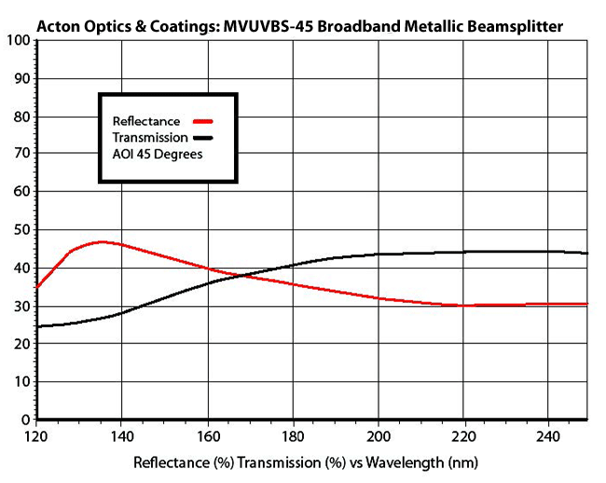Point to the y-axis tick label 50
coord(19,229)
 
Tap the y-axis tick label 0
coord(22,420)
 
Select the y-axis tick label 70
coord(19,154)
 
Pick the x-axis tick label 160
coord(207,435)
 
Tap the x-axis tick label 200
coord(379,435)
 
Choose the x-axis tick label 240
coord(549,435)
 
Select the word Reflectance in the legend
coord(146,121)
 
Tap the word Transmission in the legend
coord(149,137)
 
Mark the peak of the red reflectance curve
coord(103,241)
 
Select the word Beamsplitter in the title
coord(516,26)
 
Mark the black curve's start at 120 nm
coord(36,326)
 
